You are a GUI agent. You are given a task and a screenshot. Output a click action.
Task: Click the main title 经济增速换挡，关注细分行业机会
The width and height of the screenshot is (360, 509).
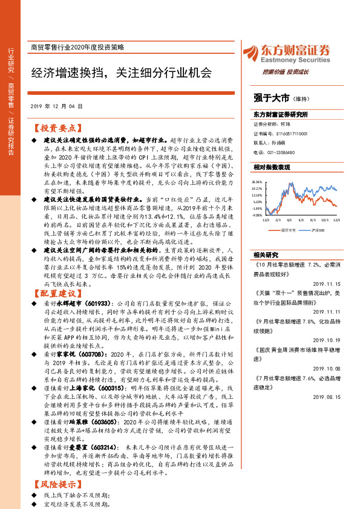pyautogui.click(x=121, y=73)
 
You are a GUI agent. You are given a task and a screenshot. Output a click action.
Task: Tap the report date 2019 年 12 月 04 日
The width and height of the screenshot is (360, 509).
pyautogui.click(x=56, y=106)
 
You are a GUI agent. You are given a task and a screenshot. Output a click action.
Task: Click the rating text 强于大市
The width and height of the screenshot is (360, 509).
pyautogui.click(x=270, y=97)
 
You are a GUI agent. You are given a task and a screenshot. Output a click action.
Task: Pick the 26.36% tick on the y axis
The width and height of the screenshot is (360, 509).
pyautogui.click(x=257, y=182)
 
